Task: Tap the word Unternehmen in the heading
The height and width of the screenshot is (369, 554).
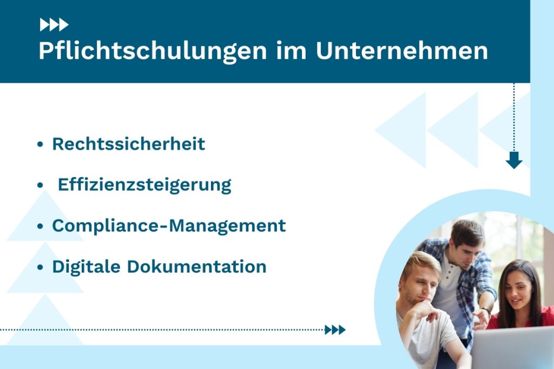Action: coord(402,51)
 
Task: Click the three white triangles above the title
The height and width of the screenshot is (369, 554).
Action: coord(54,24)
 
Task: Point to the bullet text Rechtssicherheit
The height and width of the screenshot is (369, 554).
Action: coord(129,144)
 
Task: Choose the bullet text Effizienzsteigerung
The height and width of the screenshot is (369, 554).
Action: coord(144,185)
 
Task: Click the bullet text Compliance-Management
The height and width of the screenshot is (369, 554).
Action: coord(169,225)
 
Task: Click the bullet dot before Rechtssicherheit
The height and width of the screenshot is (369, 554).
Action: coord(40,145)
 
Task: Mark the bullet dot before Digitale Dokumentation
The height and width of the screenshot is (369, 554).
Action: coord(40,267)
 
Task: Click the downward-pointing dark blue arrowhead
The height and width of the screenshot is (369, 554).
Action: coord(513,160)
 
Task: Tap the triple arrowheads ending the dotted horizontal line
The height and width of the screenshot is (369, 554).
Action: coord(335,330)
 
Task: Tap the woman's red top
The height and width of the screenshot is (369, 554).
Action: coord(544,319)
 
